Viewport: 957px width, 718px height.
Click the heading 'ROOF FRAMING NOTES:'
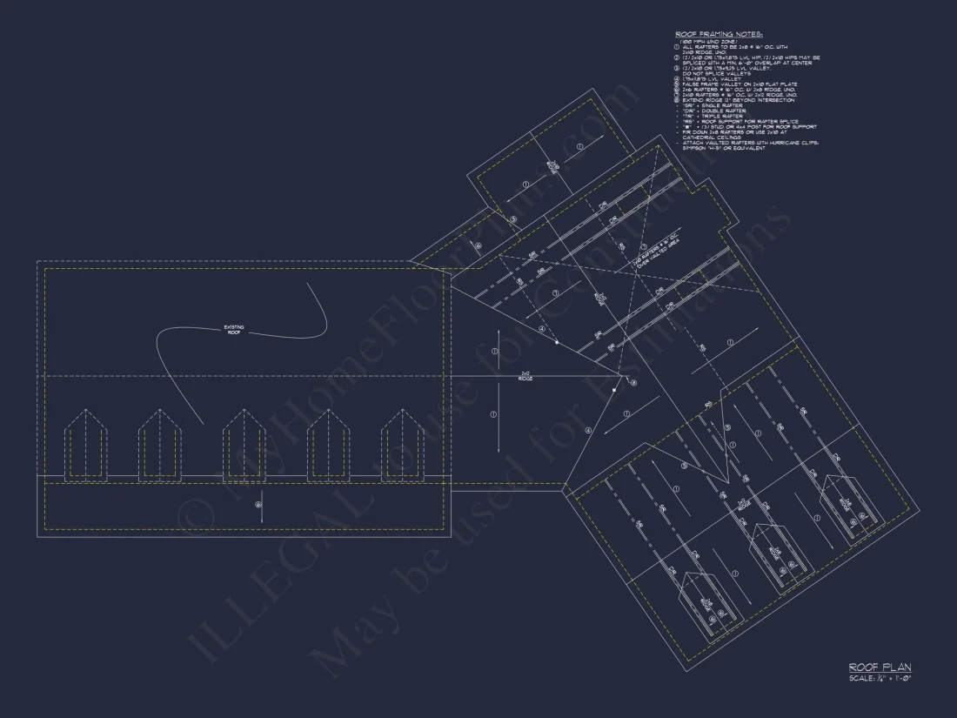(x=718, y=34)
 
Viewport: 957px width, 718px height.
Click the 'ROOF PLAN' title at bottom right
(x=880, y=667)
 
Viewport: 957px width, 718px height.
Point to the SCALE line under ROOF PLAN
(x=879, y=677)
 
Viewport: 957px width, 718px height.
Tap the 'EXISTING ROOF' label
(x=234, y=329)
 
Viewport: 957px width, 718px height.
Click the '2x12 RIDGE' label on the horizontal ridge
(x=525, y=378)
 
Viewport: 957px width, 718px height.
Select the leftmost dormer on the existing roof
(x=86, y=444)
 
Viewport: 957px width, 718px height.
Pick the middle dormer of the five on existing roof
(x=244, y=444)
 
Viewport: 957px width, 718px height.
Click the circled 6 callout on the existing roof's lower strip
(x=258, y=504)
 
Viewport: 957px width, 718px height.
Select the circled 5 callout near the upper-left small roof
(x=513, y=219)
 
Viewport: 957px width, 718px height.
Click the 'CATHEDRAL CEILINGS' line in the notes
(x=711, y=138)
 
